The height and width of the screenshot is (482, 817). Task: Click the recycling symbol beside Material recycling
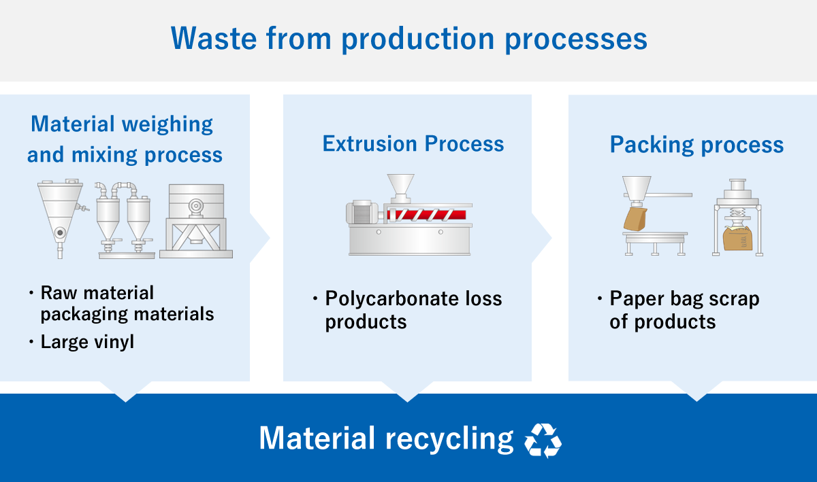(543, 441)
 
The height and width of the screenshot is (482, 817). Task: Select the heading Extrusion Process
(413, 144)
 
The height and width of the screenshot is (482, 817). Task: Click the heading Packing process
(696, 145)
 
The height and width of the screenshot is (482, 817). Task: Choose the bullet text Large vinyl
(87, 341)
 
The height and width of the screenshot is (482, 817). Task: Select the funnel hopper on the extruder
(400, 186)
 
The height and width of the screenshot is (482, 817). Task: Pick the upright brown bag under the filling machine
(737, 238)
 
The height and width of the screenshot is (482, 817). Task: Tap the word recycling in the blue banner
(449, 439)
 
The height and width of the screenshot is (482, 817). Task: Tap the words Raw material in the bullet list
(97, 293)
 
